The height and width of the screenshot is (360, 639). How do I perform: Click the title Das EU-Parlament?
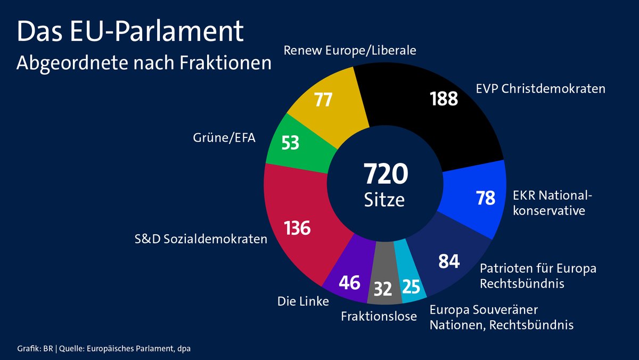pos(130,33)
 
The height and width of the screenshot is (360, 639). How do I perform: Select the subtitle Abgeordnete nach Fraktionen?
pos(144,62)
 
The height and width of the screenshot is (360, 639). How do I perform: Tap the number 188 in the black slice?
pos(444,99)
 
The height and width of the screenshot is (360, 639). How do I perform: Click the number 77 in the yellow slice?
pos(323,100)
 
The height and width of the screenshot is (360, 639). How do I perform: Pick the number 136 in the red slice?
pos(297,228)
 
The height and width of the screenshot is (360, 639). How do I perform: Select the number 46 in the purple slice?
pos(349,282)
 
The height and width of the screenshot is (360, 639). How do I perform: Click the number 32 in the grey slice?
pos(383,289)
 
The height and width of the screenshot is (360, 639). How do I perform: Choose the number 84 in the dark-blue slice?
pos(448,261)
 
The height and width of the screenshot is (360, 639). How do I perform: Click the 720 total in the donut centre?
pos(386,174)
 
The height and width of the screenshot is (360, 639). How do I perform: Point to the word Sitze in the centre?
pos(384,200)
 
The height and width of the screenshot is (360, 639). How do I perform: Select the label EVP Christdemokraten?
pos(540,88)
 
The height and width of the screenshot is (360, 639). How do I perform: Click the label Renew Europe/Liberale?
pos(350,51)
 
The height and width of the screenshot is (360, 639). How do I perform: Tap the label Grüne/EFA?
pos(224,139)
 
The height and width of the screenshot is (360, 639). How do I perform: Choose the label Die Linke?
pos(303,301)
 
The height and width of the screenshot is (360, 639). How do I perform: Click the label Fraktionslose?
pos(379,316)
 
